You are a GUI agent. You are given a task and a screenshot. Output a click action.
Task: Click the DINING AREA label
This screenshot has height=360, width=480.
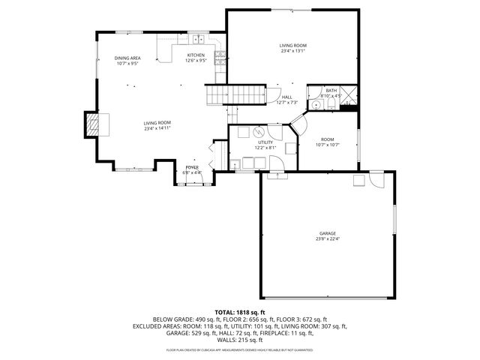[127, 58]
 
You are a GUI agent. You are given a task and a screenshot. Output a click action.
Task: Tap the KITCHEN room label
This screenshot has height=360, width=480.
[196, 55]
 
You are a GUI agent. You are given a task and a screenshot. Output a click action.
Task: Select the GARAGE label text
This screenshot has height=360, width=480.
[326, 233]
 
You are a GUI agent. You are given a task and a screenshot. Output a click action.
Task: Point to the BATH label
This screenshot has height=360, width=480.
[331, 90]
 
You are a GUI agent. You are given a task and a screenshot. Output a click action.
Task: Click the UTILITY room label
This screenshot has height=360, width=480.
[266, 142]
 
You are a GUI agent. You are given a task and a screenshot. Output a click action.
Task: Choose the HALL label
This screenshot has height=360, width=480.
[287, 97]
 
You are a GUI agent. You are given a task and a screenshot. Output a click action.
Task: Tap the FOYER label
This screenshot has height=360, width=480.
[193, 167]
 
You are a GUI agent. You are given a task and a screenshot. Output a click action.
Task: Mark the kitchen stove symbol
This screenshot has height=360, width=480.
[220, 55]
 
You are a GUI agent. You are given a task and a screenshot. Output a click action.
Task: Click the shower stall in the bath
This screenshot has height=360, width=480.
[348, 97]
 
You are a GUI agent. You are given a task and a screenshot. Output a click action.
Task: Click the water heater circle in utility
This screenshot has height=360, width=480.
[262, 130]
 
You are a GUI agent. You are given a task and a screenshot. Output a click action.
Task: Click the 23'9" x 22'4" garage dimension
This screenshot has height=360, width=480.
[326, 239]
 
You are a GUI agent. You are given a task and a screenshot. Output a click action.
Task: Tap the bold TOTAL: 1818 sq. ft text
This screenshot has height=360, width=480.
[240, 312]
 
